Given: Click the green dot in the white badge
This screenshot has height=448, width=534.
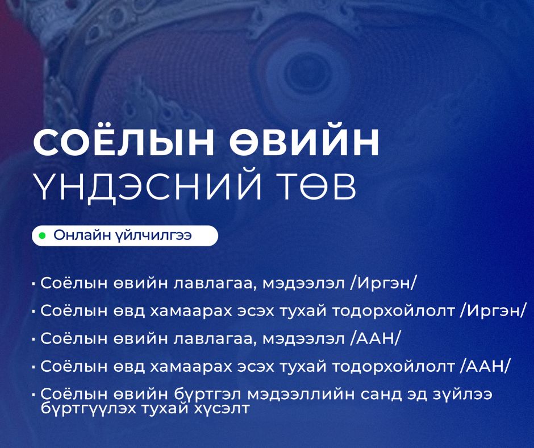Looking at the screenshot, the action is (42, 235).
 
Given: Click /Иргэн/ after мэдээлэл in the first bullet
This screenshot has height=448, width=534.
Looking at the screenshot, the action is (383, 284).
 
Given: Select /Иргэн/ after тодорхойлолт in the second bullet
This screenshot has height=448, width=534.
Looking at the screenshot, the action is (493, 311).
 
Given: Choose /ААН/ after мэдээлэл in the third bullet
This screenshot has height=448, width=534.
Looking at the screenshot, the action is (374, 339).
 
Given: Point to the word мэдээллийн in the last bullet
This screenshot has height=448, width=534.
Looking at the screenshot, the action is (302, 395).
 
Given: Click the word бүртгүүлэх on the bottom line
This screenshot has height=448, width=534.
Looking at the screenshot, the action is (88, 408).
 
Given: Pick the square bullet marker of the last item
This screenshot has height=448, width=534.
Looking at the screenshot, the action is (34, 395).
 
